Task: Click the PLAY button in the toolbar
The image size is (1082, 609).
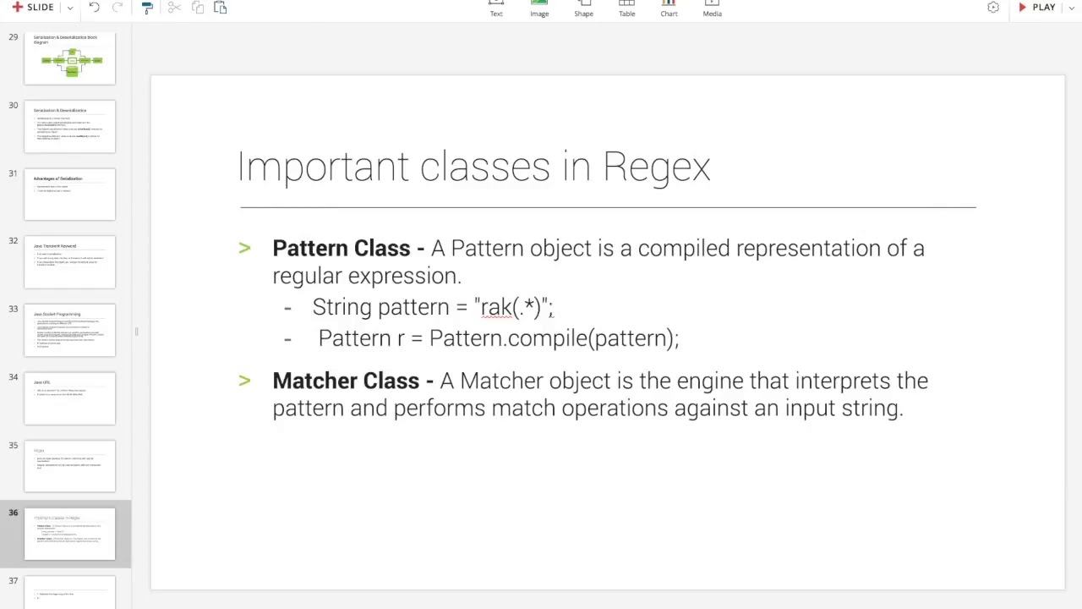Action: click(x=1037, y=8)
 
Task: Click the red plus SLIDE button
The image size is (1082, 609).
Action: click(x=33, y=8)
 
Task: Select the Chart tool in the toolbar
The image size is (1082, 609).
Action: click(x=669, y=8)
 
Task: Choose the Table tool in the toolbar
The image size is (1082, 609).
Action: click(x=626, y=8)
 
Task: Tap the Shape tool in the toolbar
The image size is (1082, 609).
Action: click(x=583, y=8)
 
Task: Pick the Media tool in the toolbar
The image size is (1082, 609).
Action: click(x=712, y=8)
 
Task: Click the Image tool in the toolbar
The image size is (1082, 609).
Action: click(x=539, y=8)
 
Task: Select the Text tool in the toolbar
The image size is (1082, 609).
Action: click(x=496, y=8)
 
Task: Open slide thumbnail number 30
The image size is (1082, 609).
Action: click(x=69, y=127)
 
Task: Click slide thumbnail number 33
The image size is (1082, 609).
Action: click(x=69, y=330)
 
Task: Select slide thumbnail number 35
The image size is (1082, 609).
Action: click(x=69, y=466)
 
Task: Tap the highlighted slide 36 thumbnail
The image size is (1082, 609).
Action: click(x=69, y=534)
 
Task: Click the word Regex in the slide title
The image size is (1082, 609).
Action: click(x=656, y=167)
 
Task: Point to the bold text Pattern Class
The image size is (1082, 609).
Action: click(x=341, y=249)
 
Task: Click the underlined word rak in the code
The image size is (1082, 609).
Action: click(x=495, y=307)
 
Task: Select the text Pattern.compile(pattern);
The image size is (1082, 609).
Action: click(x=554, y=338)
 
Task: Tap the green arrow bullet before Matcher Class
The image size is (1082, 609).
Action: click(x=244, y=381)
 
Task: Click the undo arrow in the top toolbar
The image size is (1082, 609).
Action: click(x=95, y=8)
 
